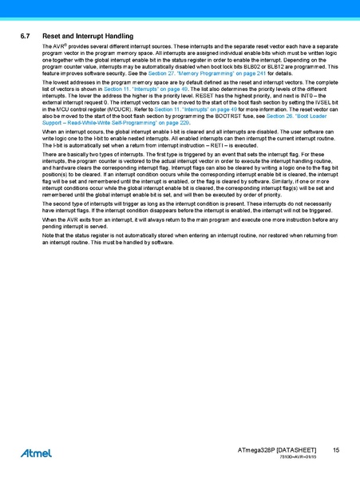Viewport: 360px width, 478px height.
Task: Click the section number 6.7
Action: coord(25,37)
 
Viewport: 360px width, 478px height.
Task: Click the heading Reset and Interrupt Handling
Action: coord(87,37)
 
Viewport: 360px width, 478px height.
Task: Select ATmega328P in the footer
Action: coord(256,452)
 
